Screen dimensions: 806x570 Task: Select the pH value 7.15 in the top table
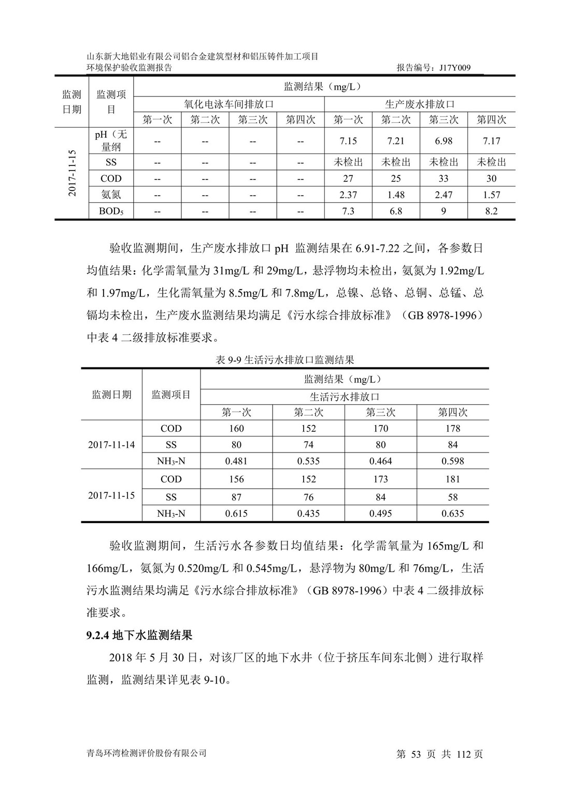coord(348,141)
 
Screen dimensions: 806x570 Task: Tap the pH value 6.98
coord(444,141)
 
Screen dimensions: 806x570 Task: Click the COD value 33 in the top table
coord(444,178)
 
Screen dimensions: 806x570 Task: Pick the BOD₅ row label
coord(111,211)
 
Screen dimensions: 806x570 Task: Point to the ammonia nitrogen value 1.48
coord(396,195)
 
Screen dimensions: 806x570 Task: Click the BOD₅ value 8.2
coord(491,211)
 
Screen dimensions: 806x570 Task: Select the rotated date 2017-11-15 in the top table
coord(72,174)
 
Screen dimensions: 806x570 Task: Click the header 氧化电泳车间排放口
coord(229,104)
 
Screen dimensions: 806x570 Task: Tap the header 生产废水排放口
coord(420,104)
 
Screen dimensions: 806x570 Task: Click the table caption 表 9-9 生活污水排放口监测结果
coord(284,360)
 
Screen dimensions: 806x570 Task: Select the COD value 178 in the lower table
coord(452,429)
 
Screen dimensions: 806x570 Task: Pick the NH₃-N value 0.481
coord(236,461)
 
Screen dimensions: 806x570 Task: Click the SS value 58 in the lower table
coord(452,497)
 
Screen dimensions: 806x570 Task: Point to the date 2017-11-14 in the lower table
coord(111,445)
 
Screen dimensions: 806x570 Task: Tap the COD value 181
coord(452,479)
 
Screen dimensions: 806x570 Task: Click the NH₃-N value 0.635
coord(452,514)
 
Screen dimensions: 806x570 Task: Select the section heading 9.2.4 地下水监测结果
coord(139,635)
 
